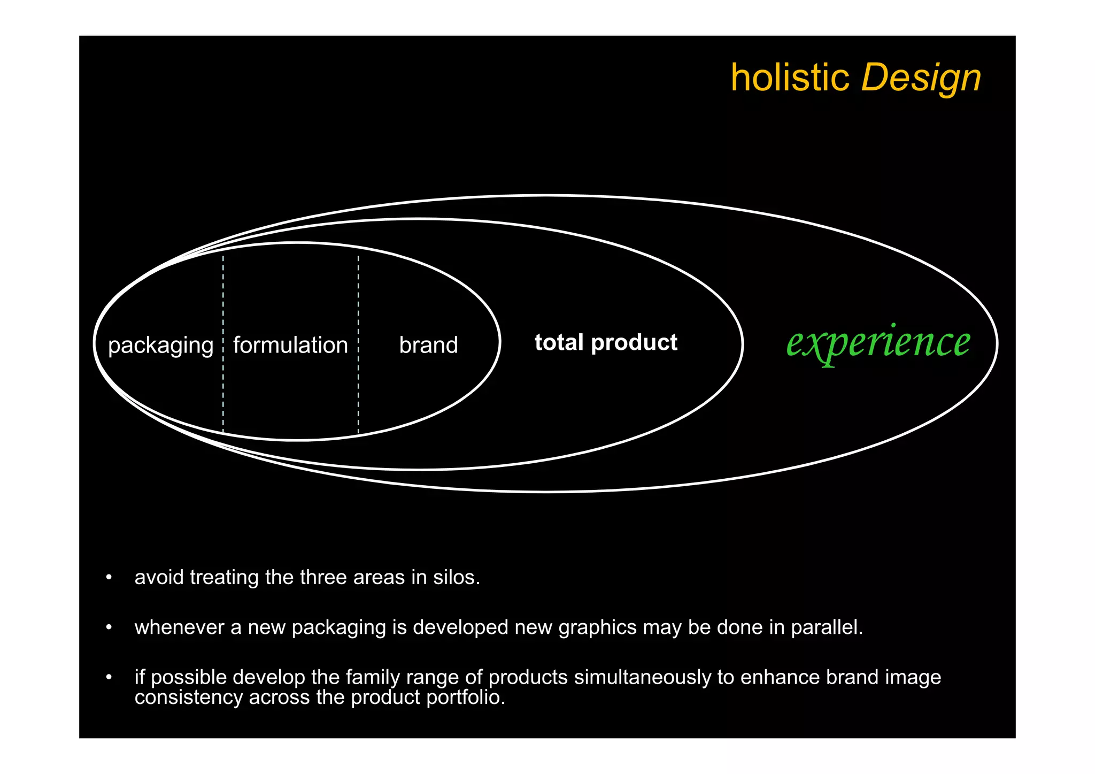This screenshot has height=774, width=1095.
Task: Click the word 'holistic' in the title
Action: (x=790, y=78)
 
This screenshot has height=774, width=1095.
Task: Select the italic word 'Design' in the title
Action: (x=921, y=78)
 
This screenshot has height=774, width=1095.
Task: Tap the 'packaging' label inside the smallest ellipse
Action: (x=160, y=346)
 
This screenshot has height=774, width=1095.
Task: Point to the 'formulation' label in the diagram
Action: (x=290, y=345)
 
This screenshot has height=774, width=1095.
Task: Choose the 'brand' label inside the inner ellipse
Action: (x=428, y=345)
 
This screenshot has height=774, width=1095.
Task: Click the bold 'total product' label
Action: (x=606, y=342)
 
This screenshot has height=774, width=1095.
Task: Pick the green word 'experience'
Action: (x=878, y=342)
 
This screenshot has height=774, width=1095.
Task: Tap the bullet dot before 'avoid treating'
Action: (x=109, y=577)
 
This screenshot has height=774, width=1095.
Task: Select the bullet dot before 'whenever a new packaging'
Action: (x=109, y=627)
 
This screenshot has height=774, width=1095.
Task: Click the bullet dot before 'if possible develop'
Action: (x=109, y=677)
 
